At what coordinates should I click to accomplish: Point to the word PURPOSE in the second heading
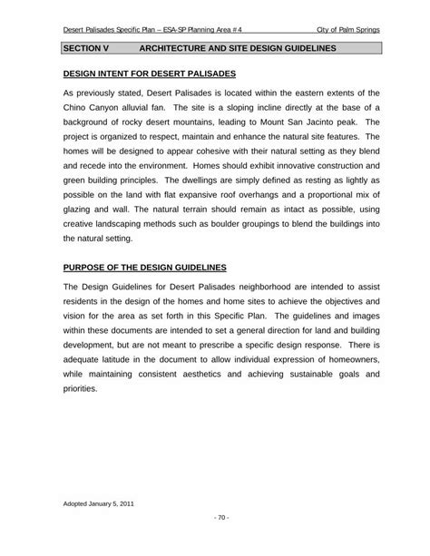[83, 268]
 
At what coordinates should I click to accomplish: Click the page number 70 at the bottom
[215, 518]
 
